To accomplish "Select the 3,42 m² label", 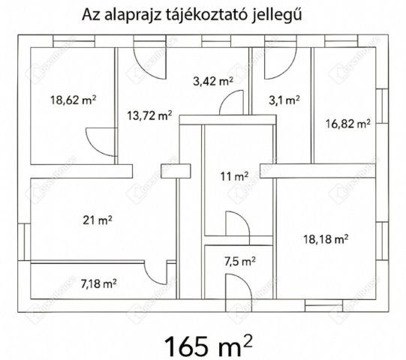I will click(212, 82).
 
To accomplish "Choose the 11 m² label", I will click(234, 177).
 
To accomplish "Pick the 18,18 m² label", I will click(325, 239).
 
